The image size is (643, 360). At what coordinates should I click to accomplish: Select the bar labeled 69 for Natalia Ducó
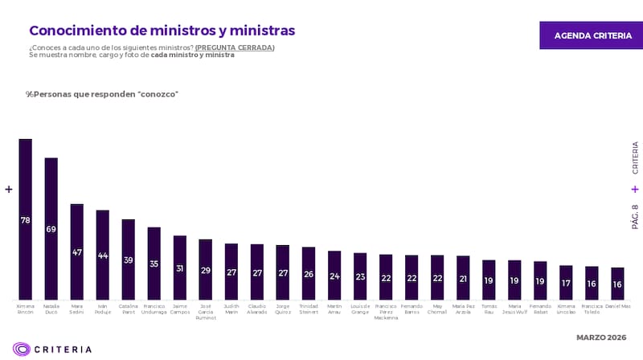pyautogui.click(x=51, y=229)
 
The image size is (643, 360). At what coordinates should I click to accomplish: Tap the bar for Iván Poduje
pyautogui.click(x=102, y=255)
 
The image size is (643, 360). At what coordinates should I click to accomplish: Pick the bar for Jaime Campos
pyautogui.click(x=179, y=268)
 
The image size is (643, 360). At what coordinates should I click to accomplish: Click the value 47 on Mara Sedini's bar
pyautogui.click(x=77, y=252)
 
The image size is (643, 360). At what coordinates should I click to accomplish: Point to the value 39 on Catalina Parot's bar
pyautogui.click(x=128, y=260)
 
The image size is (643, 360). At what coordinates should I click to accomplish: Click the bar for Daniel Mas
pyautogui.click(x=617, y=284)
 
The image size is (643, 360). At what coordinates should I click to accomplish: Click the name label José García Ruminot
pyautogui.click(x=205, y=311)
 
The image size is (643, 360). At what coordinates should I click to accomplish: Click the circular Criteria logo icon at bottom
pyautogui.click(x=22, y=349)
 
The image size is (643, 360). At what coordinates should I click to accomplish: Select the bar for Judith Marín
pyautogui.click(x=231, y=272)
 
